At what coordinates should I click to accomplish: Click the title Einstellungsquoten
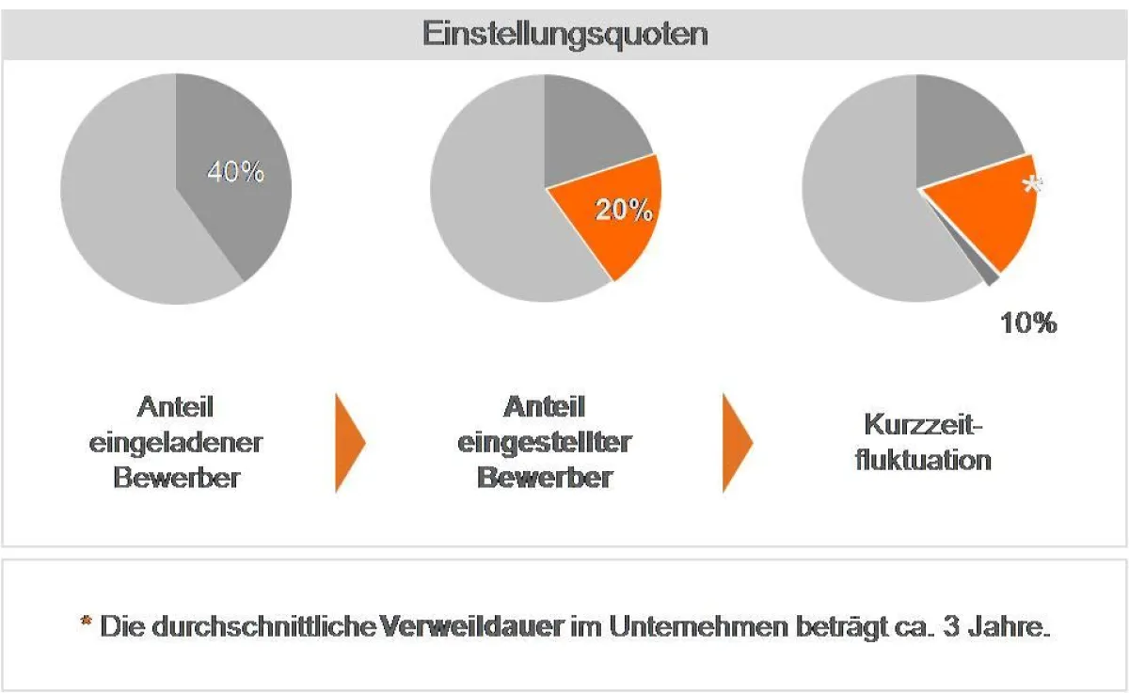pos(564,35)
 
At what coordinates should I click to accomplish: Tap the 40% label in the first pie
pos(235,173)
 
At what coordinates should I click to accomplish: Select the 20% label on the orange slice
pos(624,211)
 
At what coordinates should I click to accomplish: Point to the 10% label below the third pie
pos(1027,323)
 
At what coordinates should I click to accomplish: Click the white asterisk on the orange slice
pos(1032,185)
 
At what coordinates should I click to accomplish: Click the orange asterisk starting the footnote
pos(86,623)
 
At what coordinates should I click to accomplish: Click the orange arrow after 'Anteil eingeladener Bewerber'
pos(348,442)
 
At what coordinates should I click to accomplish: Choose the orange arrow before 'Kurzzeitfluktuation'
pos(736,442)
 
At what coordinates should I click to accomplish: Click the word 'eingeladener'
pos(176,442)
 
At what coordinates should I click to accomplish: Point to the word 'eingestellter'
pos(545,442)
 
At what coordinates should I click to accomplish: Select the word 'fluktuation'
pos(923,461)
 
